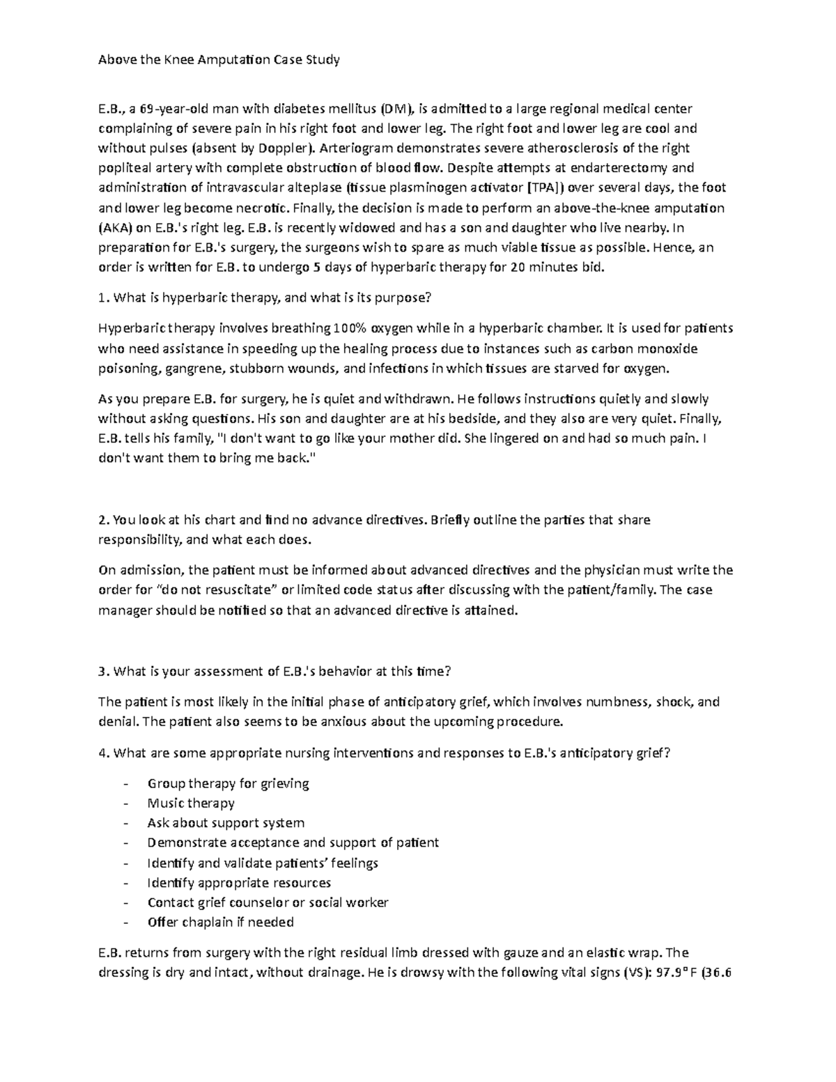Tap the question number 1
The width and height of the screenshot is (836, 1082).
pos(102,298)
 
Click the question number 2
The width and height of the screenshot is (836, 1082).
pos(103,520)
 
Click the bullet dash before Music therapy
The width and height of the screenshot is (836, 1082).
pos(125,804)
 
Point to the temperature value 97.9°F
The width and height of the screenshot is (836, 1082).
pos(674,974)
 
